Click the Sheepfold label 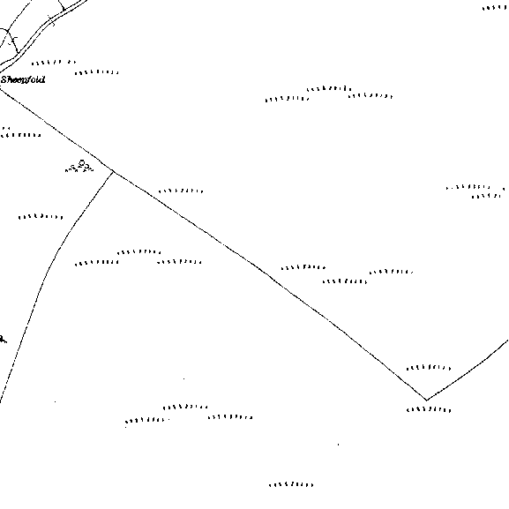click(x=23, y=79)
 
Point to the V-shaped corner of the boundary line click(x=426, y=400)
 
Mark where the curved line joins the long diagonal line click(x=113, y=171)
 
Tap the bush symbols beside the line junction click(x=79, y=166)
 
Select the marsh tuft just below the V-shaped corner click(x=429, y=409)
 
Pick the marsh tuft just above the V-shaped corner click(x=429, y=368)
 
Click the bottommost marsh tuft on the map click(x=291, y=484)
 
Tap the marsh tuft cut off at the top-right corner click(x=495, y=7)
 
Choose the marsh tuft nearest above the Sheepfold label click(x=97, y=72)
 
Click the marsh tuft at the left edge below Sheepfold click(x=21, y=134)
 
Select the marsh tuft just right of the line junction click(x=181, y=191)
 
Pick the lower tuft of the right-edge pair click(x=486, y=196)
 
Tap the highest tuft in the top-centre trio click(x=329, y=88)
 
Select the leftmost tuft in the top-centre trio click(x=287, y=98)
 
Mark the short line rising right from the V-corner click(x=468, y=371)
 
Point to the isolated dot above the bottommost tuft click(x=338, y=445)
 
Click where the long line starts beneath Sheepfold click(x=1, y=88)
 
